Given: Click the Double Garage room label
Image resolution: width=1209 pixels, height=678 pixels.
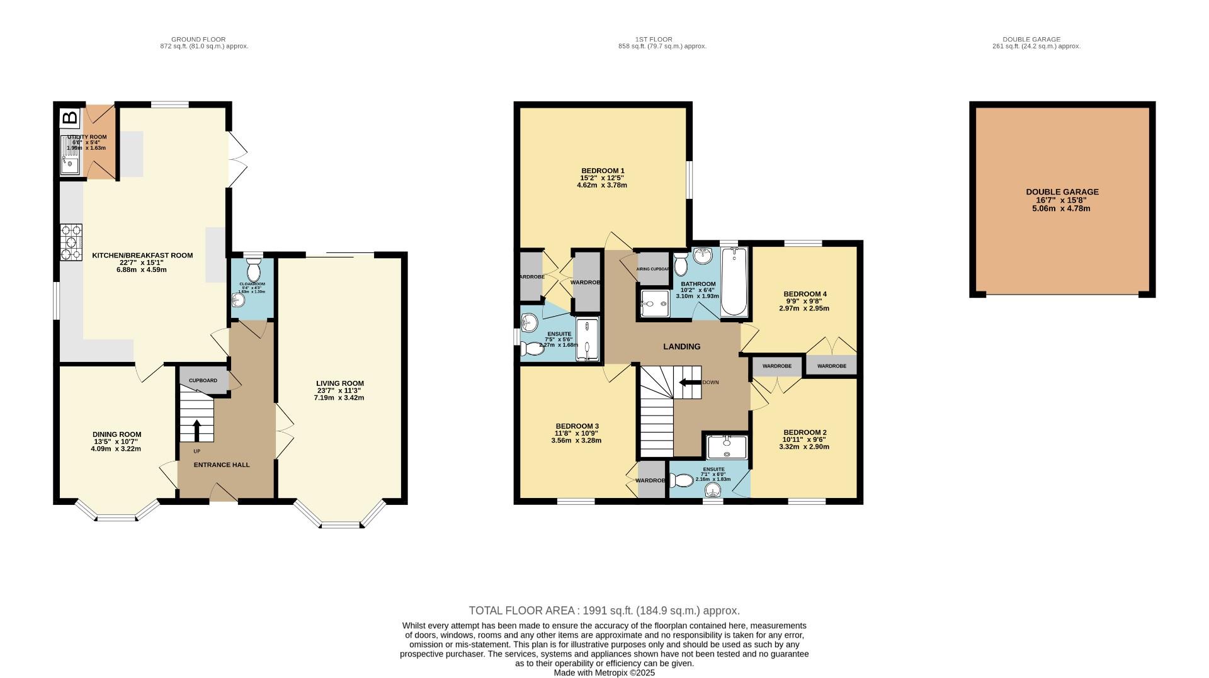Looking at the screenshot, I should pos(1062,192).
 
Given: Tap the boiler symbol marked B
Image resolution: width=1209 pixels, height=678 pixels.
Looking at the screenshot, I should pos(70,118).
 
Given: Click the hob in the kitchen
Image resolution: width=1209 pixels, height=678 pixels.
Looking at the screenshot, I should pos(71,242).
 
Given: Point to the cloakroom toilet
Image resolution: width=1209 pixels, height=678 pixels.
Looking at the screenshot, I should pos(254,271).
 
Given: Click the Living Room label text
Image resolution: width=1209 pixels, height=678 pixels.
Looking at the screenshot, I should pos(340,383).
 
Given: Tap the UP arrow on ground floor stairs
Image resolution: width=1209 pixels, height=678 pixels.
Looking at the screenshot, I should pos(196,431).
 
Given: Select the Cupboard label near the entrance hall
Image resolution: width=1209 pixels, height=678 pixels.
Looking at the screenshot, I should pos(203,381).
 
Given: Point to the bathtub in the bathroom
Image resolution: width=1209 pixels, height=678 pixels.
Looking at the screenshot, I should pos(734,281).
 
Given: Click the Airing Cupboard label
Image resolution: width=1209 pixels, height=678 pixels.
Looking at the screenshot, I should pos(653,269).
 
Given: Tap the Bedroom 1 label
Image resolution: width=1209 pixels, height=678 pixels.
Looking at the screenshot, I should pos(602,171).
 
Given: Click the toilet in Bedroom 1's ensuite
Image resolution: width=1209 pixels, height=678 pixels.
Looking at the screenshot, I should pos(533,348).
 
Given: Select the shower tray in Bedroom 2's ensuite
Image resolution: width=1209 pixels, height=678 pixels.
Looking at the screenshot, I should pos(727,446).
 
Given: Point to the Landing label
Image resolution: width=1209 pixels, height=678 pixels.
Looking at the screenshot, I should pos(681,347).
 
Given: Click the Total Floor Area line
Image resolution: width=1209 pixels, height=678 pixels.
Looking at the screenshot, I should pos(604,611).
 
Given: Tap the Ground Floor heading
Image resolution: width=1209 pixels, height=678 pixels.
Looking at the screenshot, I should pos(198,39).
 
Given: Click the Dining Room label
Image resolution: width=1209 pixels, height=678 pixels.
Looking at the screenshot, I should pos(116,434).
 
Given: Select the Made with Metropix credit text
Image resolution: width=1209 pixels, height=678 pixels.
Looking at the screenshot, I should pos(604,672).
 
